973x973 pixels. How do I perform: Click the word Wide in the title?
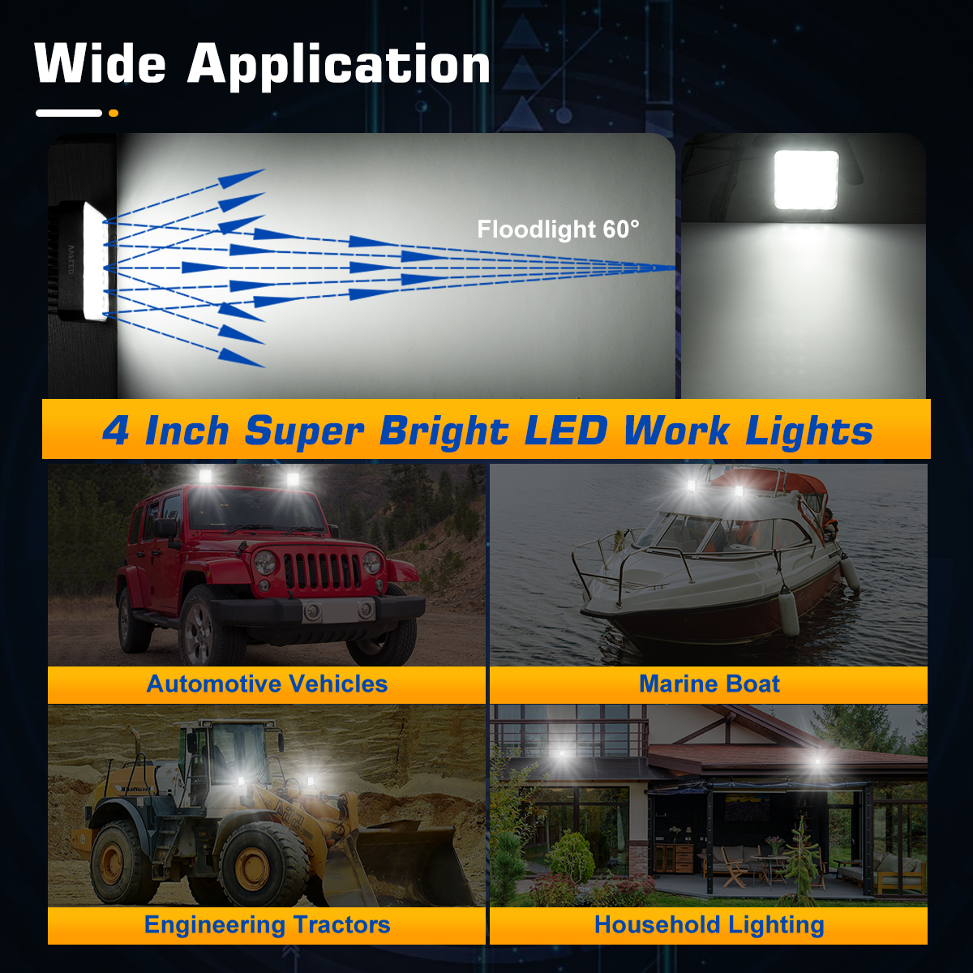101,64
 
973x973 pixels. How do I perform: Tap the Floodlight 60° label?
558,229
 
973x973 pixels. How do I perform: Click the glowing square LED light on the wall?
805,179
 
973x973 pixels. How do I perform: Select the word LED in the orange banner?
565,431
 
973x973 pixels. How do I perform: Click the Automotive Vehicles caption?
267,684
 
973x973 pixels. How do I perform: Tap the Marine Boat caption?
709,684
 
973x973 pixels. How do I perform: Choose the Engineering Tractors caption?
267,925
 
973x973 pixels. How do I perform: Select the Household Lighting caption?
709,925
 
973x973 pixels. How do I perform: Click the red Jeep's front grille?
322,571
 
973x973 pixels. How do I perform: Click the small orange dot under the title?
113,113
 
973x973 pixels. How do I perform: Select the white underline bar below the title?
69,113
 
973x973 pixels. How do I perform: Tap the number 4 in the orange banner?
115,431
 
